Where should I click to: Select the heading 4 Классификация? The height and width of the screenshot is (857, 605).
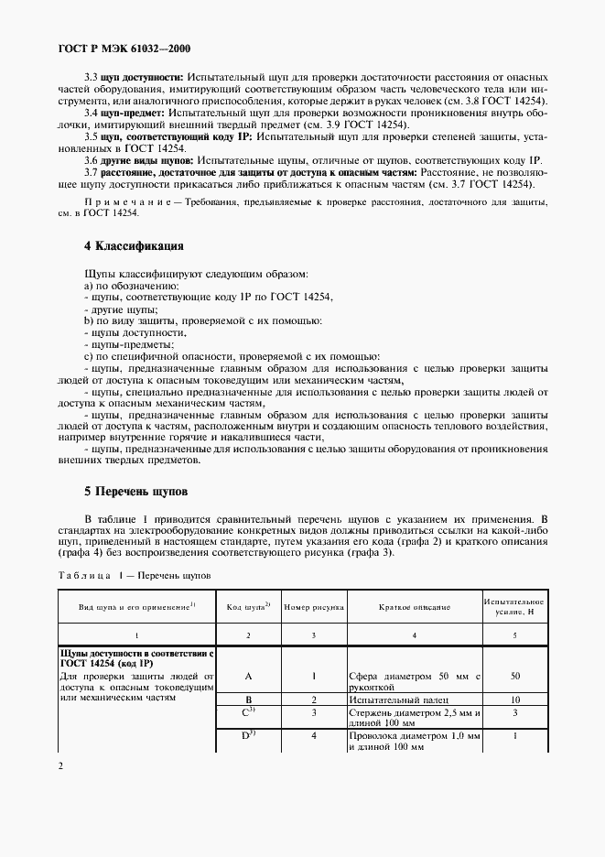[135, 246]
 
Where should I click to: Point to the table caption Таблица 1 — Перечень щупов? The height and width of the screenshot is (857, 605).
[135, 576]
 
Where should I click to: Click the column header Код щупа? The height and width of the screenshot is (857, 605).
[247, 607]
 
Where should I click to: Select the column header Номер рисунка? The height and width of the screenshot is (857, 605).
[314, 607]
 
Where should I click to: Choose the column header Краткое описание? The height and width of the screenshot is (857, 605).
[414, 607]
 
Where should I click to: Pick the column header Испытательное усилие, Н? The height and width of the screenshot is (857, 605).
[514, 606]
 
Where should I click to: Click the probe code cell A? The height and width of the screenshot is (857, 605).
[248, 675]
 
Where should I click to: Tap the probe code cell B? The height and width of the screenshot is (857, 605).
[248, 698]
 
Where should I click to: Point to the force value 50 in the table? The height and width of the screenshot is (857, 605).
[515, 675]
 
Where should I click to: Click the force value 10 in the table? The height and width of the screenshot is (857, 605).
[515, 698]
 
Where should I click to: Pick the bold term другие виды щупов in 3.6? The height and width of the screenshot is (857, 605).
[146, 159]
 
